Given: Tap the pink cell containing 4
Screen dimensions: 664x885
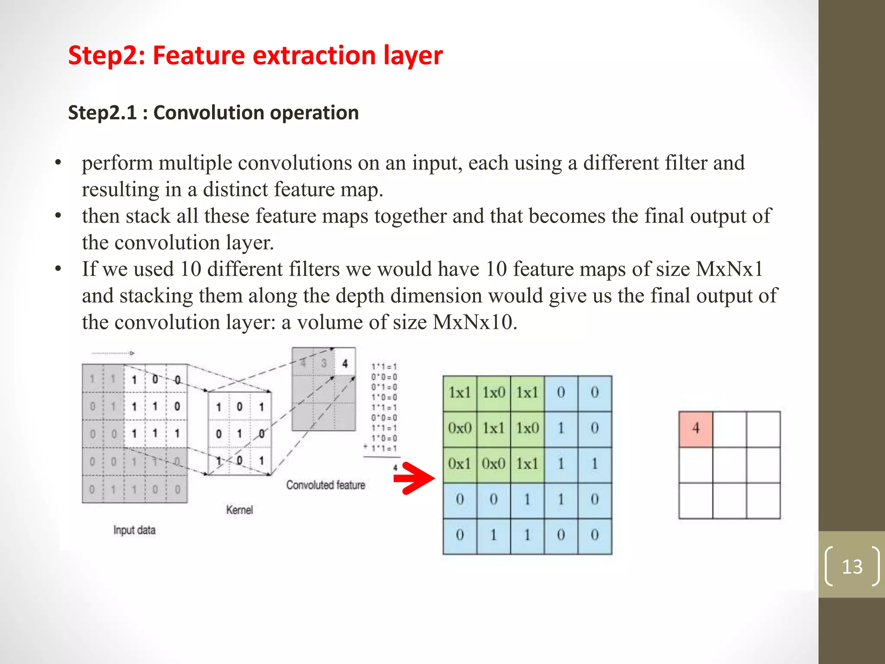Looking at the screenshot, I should [x=695, y=429].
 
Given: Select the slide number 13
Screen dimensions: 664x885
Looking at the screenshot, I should [x=852, y=566].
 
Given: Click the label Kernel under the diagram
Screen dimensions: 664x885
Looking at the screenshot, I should [x=239, y=510].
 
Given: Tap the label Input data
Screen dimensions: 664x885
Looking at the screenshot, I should [x=134, y=530].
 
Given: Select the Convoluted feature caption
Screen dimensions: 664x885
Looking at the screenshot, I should [x=325, y=485].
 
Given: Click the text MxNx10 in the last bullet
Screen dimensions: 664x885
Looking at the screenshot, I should [x=475, y=322].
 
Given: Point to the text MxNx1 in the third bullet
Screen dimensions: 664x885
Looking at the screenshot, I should [x=729, y=269].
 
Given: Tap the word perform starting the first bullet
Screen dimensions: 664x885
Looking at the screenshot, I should [x=117, y=163].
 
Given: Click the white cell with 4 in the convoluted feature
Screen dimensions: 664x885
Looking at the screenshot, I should [x=345, y=363].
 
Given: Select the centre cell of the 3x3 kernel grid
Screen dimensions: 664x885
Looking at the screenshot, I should [x=239, y=433].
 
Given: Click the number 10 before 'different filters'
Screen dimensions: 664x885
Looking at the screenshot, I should [x=191, y=269].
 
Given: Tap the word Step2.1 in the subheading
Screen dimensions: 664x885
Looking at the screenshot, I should [x=102, y=113].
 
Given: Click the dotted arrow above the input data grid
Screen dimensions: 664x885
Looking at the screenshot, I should [x=113, y=353].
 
